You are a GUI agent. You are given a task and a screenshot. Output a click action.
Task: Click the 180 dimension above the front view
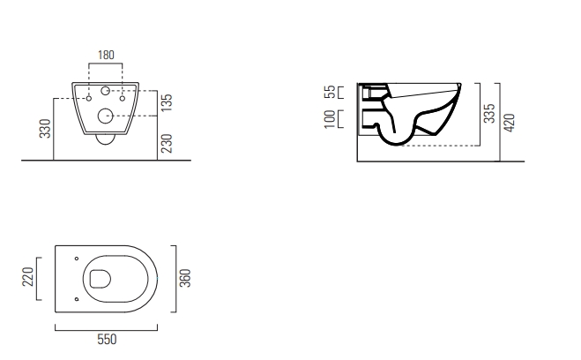[x=106, y=56]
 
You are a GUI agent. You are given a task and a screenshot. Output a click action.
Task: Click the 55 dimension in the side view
[x=329, y=92]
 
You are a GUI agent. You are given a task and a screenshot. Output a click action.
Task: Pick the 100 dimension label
[x=329, y=119]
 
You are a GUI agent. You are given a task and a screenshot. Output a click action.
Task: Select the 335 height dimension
[x=487, y=114]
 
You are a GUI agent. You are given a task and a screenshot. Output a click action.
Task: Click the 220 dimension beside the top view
[x=27, y=281]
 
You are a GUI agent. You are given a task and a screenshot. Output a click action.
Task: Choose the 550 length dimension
[x=107, y=340]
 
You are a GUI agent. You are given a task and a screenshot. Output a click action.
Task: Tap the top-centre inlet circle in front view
[x=106, y=91]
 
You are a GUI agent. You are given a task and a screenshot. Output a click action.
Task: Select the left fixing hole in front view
[x=90, y=99]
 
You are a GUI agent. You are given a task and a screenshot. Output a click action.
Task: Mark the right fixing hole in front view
[x=122, y=99]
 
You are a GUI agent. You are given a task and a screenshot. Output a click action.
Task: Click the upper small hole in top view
[x=77, y=259]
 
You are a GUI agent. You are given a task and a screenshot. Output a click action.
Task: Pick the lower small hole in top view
[x=77, y=299]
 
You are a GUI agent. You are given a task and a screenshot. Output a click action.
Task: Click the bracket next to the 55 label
[x=340, y=92]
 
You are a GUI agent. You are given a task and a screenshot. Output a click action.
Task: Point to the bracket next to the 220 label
[x=37, y=281]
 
